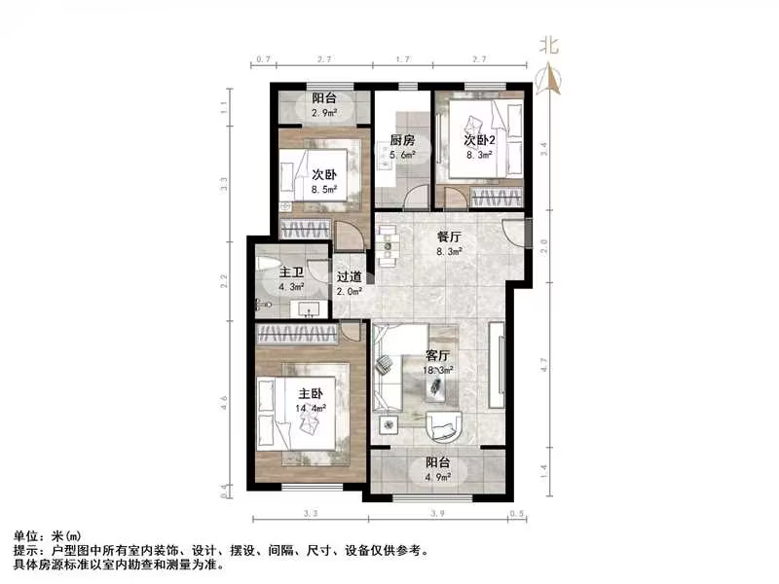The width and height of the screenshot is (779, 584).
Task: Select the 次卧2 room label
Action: coord(479,139)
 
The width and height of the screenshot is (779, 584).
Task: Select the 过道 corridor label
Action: coord(350,276)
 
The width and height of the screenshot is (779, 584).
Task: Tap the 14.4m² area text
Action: coord(311,410)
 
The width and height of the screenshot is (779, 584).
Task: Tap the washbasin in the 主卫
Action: coord(310,310)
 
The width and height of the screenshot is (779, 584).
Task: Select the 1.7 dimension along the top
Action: coord(402,60)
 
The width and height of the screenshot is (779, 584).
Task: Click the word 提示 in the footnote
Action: coord(26,550)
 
